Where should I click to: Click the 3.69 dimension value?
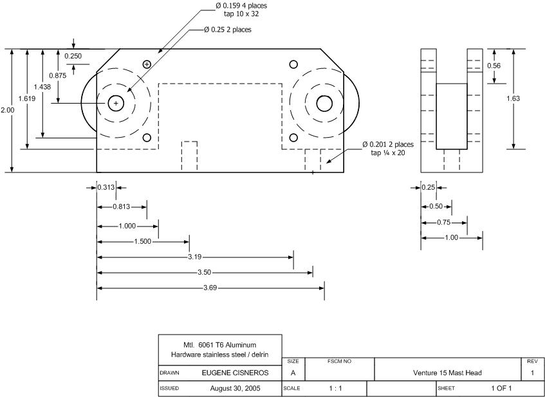210,288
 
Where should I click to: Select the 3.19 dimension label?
194,257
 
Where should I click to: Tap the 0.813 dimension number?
122,207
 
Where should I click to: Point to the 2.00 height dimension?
7,110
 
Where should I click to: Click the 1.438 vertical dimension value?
42,87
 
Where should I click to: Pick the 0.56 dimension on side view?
494,66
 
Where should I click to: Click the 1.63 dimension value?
513,98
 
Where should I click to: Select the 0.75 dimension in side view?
443,222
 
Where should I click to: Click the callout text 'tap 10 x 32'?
241,14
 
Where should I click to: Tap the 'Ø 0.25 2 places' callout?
228,30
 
